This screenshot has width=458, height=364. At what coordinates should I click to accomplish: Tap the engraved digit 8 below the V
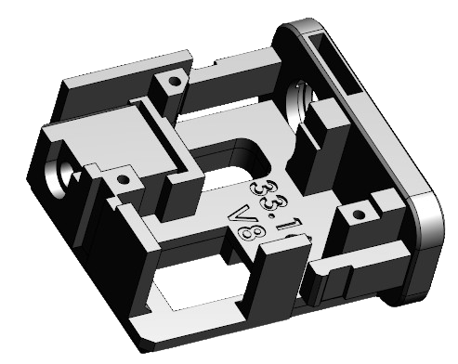pos(247,232)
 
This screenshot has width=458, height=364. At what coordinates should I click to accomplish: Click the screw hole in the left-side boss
pos(120,176)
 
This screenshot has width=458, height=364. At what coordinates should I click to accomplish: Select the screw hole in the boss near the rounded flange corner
pos(351,216)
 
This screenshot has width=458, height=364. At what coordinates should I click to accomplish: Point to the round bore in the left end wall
pos(62,169)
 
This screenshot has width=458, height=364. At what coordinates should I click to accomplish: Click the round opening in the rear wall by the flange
pos(301,99)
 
